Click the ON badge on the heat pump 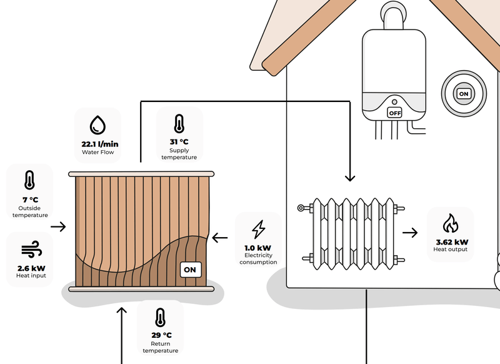190,270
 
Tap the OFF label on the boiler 394,113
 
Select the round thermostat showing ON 463,93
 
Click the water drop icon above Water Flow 97,124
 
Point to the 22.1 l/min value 100,144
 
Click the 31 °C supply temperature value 179,141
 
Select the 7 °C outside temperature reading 30,200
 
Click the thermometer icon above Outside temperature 29,181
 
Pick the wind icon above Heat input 30,251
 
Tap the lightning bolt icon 258,230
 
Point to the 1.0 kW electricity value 258,247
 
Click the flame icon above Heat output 450,224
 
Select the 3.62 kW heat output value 451,241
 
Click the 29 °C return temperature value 161,335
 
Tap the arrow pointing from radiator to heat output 410,233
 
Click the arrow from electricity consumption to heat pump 220,238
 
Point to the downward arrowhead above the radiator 349,177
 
